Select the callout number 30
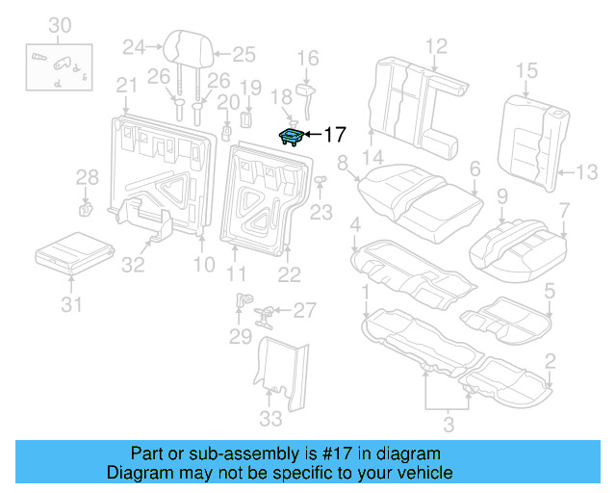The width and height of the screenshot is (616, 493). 60,24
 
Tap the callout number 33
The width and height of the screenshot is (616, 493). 271,419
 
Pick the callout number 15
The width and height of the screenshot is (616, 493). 526,69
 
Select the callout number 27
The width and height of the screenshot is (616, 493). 304,310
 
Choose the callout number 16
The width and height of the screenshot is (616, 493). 307,60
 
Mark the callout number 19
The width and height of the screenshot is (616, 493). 249,89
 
